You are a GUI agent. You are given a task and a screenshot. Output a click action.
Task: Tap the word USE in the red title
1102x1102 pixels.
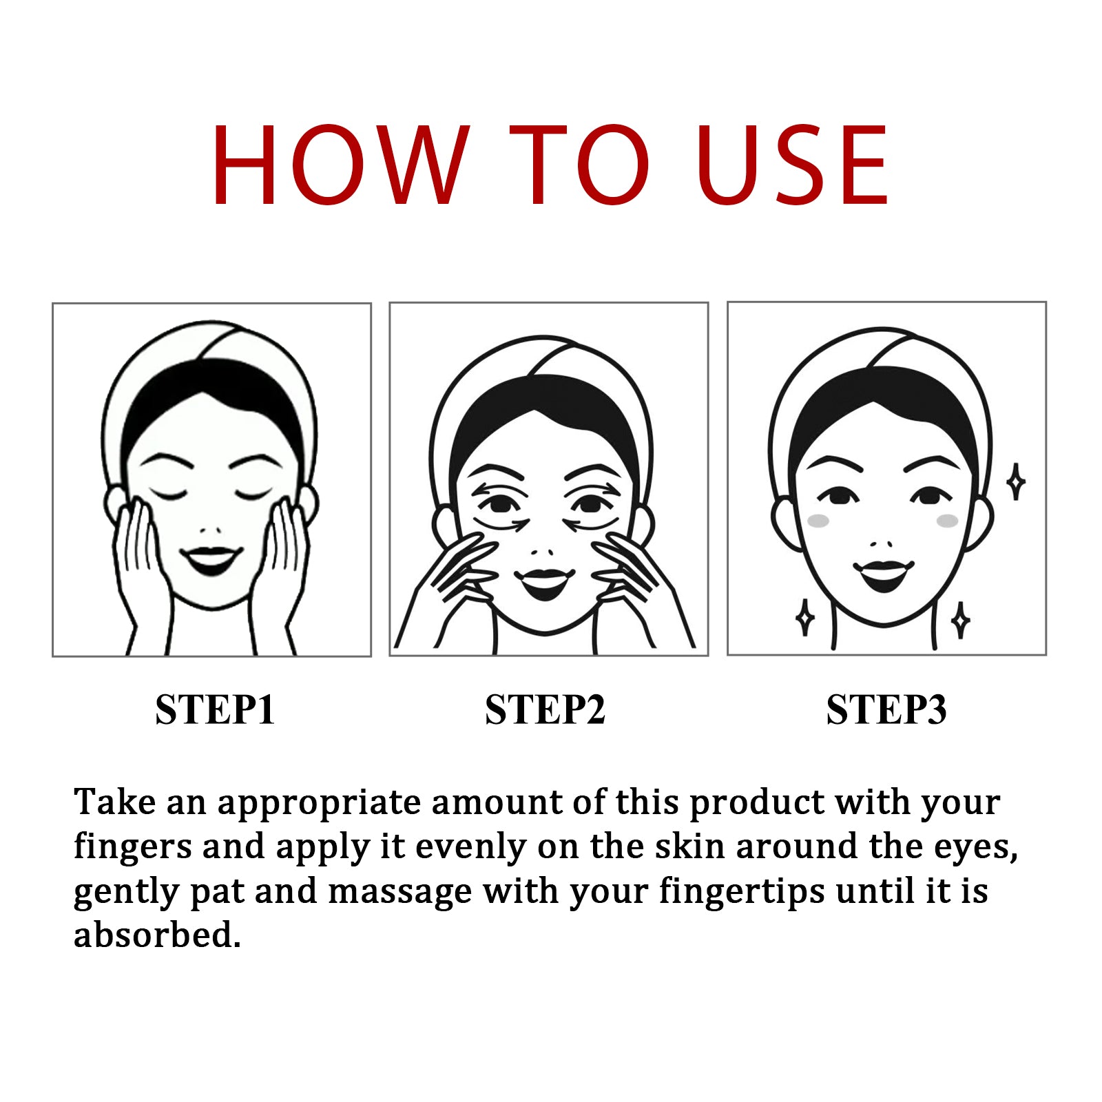pos(792,165)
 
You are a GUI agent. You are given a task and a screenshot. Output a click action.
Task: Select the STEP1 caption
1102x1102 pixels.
pos(215,709)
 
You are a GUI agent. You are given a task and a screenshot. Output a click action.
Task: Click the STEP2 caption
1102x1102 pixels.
pos(545,709)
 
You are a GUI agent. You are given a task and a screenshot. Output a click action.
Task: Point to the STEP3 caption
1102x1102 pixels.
pos(886,709)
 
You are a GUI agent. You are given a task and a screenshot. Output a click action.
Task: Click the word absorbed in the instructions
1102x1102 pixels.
pos(157,935)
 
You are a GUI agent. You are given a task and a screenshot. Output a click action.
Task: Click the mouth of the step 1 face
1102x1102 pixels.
pos(211,559)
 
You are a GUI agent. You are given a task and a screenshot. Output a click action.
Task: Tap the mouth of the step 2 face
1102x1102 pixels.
pos(545,582)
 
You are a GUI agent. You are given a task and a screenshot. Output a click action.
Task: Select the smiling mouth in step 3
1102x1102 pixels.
pos(884,574)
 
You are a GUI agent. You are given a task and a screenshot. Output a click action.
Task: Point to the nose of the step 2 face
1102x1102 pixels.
pos(544,552)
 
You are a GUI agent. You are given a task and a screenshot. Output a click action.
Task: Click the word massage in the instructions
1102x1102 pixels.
pos(399,891)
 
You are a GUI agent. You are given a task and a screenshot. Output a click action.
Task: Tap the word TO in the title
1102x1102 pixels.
pos(579,165)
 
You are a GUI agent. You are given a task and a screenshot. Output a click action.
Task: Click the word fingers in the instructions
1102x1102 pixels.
pos(132,847)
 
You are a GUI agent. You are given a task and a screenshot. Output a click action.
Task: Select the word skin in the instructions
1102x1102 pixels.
pos(689,846)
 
